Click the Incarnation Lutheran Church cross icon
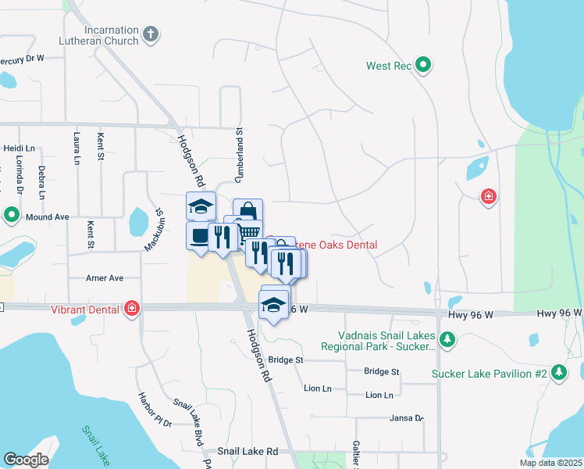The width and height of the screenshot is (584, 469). point(151,34)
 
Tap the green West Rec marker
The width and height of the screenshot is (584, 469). point(423,65)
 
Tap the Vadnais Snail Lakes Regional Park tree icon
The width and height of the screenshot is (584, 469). point(447,339)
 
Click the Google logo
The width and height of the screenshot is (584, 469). point(26,460)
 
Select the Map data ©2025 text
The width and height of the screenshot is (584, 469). point(550,463)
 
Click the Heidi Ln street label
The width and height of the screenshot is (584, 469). point(20,148)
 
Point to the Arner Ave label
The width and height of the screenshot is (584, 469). point(105,277)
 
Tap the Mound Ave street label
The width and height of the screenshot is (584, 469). point(48,217)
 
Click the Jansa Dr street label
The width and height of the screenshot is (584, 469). point(407,418)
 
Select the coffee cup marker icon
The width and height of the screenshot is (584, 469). point(199,235)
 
